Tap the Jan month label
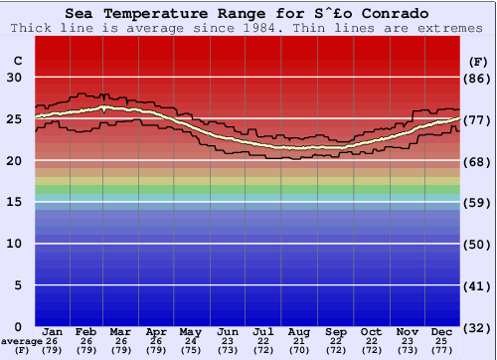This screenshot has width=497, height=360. tap(54, 331)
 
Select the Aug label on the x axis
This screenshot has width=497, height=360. tap(299, 331)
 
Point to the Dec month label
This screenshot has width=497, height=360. tap(442, 331)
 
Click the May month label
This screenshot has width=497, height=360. tap(191, 331)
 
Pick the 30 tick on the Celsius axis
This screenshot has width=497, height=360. tap(14, 78)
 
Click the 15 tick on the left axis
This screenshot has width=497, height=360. tap(14, 202)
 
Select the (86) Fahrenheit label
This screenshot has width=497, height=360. tap(479, 78)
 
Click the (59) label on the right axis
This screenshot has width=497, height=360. tap(479, 202)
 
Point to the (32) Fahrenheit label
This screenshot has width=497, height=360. tap(479, 326)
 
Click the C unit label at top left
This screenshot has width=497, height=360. tap(17, 61)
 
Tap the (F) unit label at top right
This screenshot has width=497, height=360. tap(478, 61)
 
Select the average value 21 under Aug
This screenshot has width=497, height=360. tap(299, 341)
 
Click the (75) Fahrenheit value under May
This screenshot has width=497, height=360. tap(191, 350)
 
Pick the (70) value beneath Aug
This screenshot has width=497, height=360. tap(299, 350)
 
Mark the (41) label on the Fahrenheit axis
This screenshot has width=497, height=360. tap(479, 285)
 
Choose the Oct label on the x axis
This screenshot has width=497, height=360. tap(371, 331)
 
